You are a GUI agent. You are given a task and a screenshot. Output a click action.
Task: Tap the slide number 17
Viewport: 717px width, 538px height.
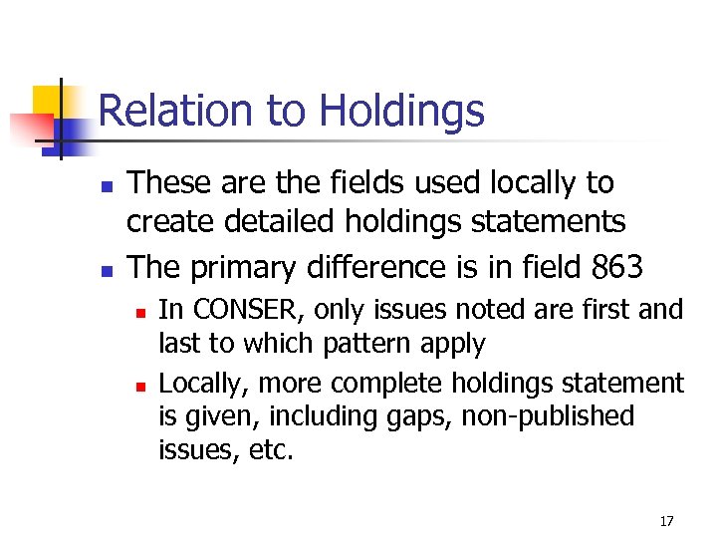[666, 521]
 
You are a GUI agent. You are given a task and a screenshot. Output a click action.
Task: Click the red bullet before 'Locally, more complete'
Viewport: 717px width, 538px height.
[142, 385]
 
